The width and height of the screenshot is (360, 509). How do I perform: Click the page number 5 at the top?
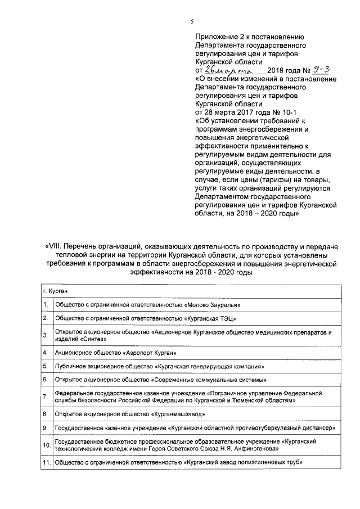(x=191, y=21)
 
